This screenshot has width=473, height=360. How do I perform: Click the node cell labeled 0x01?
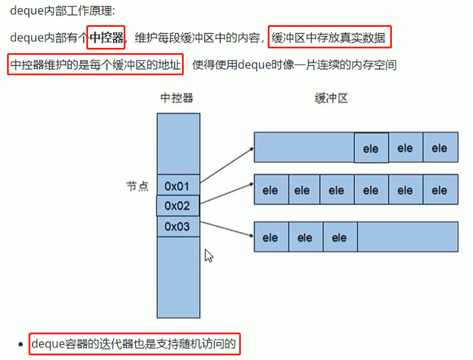pos(178,186)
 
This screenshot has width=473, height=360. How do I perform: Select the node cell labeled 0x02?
pos(178,206)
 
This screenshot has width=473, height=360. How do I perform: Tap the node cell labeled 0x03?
pos(178,226)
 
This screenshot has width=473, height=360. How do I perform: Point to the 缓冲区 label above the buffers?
pos(331,98)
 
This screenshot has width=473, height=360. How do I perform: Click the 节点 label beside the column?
pos(137,186)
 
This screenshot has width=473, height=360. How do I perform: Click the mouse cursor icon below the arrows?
pos(208,256)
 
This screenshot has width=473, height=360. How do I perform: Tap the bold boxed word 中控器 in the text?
pos(106,38)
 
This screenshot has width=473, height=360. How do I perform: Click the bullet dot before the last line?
pos(22,345)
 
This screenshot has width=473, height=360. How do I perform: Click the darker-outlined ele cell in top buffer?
pos(371,148)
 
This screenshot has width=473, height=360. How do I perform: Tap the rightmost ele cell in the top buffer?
pos(439,148)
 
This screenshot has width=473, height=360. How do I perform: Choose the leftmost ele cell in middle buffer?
pos(270,190)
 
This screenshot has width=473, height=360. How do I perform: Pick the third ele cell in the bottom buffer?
pos(339,237)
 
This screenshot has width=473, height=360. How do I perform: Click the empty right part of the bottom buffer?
pos(407,237)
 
